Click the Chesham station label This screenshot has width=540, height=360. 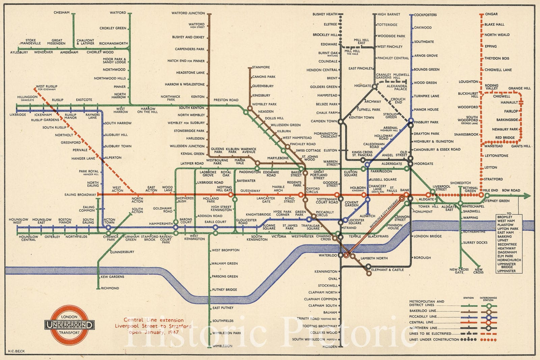(61, 13)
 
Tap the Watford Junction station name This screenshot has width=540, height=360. (188, 13)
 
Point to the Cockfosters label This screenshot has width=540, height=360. (425, 15)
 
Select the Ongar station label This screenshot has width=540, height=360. (491, 14)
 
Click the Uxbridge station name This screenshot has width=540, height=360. (18, 115)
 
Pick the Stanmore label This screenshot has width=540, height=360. (261, 67)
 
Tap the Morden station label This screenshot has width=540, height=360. (330, 347)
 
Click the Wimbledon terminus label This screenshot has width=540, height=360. (222, 346)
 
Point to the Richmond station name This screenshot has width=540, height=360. (110, 288)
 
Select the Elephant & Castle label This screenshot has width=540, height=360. (387, 270)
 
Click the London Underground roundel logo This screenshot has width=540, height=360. (70, 325)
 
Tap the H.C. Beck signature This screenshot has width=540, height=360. (16, 351)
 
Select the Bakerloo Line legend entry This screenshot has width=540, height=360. (423, 311)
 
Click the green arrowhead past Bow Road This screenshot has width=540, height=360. (527, 195)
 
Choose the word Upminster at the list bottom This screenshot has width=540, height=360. (506, 271)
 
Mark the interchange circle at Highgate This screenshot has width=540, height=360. (374, 87)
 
